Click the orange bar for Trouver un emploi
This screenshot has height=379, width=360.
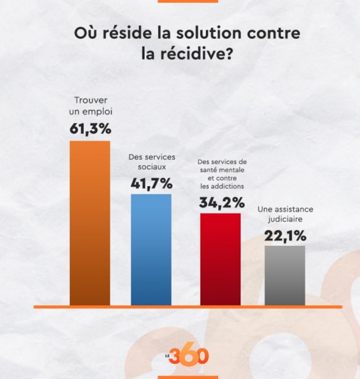coord(90,223)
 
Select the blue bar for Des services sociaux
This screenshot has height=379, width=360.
coord(151,249)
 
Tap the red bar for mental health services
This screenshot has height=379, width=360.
coord(220,259)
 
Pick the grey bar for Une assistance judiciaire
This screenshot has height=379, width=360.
coord(285,275)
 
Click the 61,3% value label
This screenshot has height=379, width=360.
coord(90,129)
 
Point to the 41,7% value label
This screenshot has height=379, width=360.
coord(151,184)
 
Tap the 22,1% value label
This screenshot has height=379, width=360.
coord(285,235)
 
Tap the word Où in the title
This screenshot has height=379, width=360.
coord(84,34)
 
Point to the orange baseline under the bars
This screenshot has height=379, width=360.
coord(187,307)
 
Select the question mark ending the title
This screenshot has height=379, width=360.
coord(229,55)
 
